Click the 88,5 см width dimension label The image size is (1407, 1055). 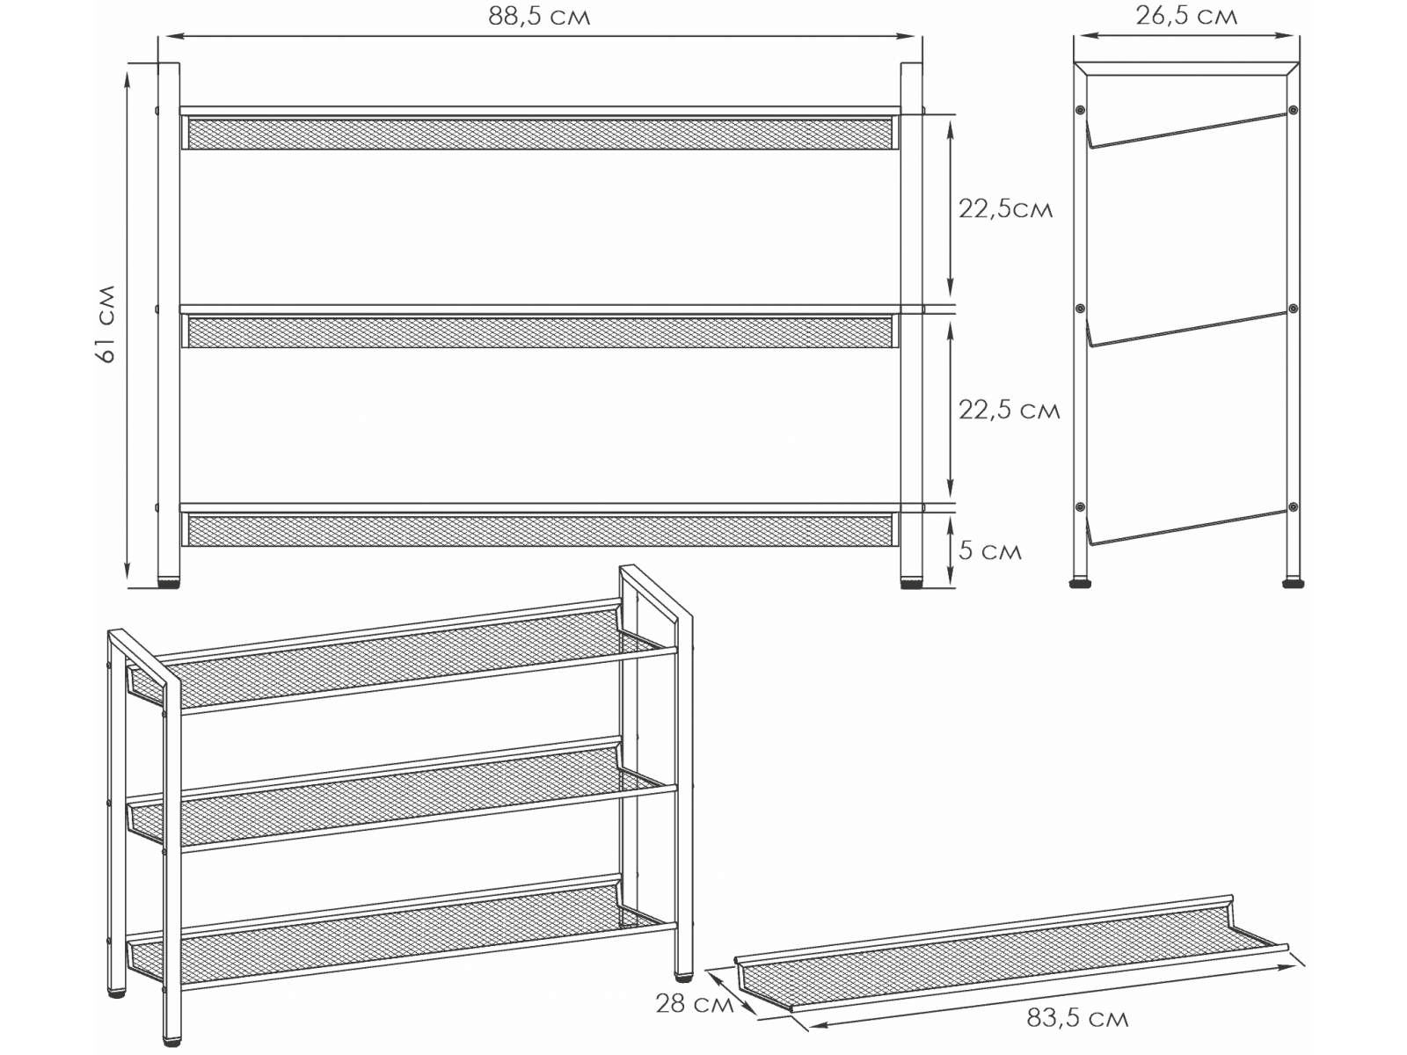(539, 17)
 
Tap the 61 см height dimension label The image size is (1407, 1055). (106, 324)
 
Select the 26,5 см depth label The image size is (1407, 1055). (1186, 16)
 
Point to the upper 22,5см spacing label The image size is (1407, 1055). (1005, 209)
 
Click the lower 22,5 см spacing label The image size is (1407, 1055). (1009, 410)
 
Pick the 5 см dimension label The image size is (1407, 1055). (989, 551)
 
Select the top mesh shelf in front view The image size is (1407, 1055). (540, 133)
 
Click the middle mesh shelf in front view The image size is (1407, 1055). (540, 331)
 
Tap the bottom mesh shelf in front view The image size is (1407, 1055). (540, 530)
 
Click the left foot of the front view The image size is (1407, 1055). (169, 584)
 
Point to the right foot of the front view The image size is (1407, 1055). (911, 584)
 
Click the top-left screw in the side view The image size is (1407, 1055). (1081, 110)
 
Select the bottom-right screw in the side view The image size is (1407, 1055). (1293, 507)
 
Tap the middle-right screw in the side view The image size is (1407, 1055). (1293, 309)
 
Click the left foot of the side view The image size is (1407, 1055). (1081, 583)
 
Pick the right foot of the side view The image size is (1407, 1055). (1293, 583)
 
